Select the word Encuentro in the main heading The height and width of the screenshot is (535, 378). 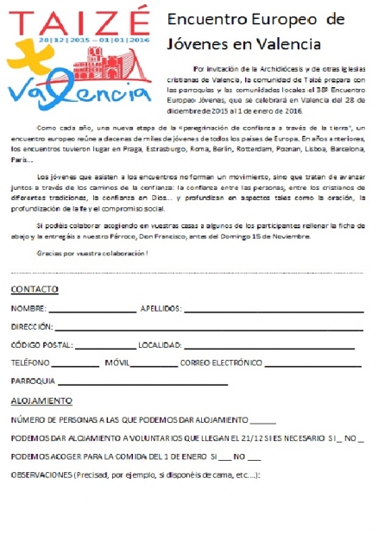(198, 19)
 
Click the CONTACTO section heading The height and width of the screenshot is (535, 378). (35, 288)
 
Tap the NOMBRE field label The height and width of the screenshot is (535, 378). (28, 308)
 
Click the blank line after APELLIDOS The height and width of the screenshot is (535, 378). (274, 310)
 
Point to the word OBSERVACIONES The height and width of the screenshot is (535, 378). (42, 475)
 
